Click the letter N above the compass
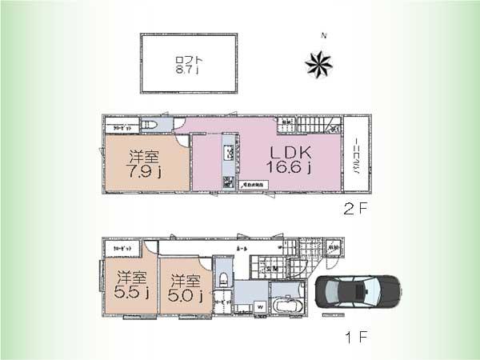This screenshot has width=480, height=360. click(324, 36)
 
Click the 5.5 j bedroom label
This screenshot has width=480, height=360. click(129, 287)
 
